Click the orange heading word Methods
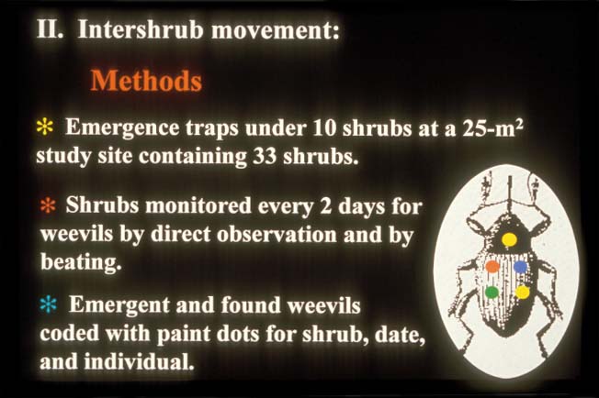146,81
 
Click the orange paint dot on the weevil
492,266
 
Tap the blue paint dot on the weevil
520,266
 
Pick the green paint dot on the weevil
492,292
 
